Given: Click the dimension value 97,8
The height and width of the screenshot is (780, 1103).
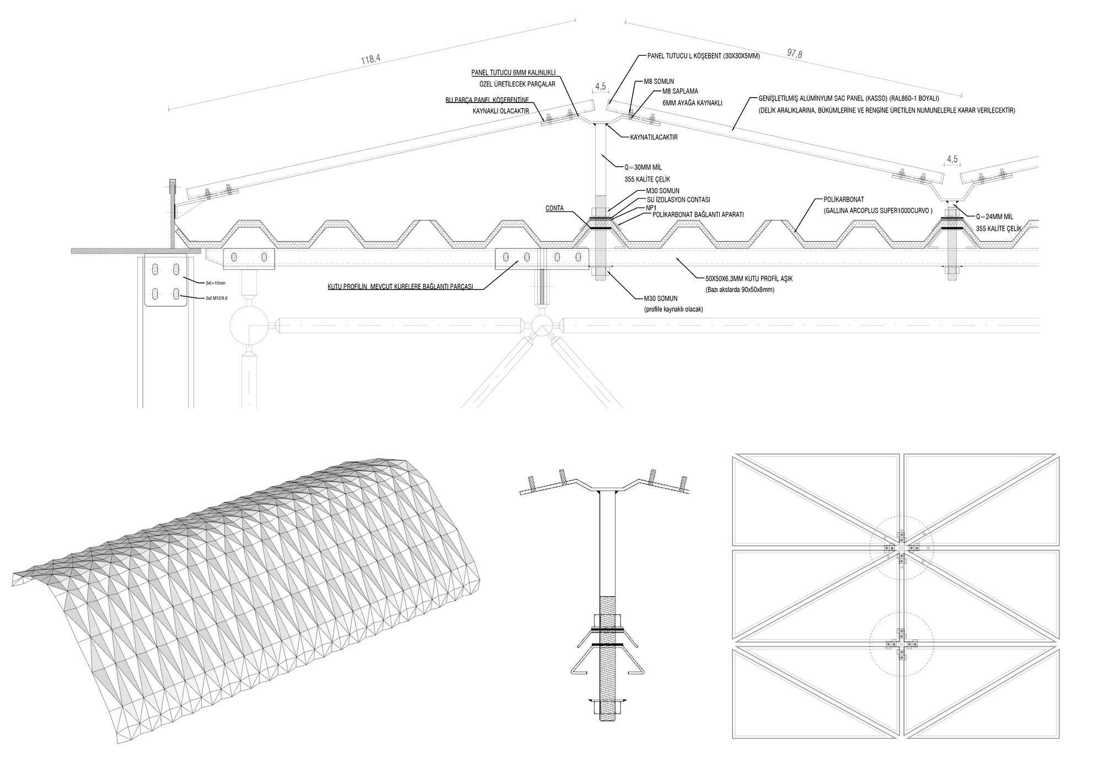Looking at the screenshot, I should pyautogui.click(x=795, y=54).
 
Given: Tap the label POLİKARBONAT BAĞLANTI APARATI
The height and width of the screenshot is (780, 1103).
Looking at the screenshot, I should pyautogui.click(x=698, y=215).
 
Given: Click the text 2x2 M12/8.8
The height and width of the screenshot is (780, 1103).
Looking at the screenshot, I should pyautogui.click(x=216, y=298).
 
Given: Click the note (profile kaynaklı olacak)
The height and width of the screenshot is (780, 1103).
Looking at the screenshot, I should pyautogui.click(x=673, y=309).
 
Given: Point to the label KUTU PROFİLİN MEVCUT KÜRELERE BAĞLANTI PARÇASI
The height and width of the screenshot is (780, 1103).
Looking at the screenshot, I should pyautogui.click(x=400, y=286).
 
